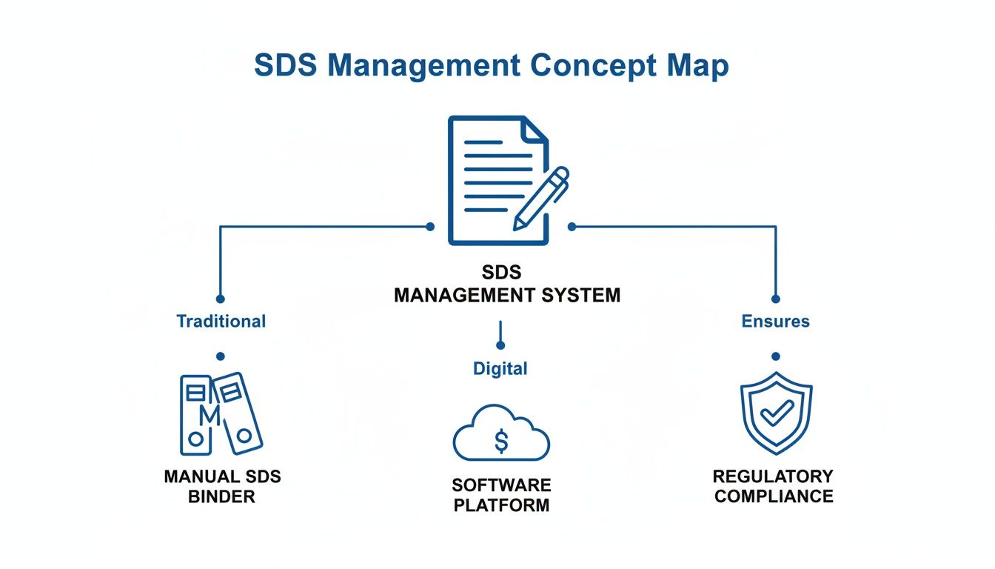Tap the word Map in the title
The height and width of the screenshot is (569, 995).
click(697, 65)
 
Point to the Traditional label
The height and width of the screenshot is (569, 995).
click(221, 322)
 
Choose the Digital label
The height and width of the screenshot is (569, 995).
click(500, 368)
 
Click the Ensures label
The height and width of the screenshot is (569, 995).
click(775, 322)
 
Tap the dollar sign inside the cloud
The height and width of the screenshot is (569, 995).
click(501, 442)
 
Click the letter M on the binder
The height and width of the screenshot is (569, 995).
click(210, 416)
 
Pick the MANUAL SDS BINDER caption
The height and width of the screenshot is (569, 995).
click(222, 486)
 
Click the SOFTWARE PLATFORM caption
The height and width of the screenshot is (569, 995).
click(501, 496)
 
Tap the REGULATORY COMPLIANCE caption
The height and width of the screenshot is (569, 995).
click(774, 486)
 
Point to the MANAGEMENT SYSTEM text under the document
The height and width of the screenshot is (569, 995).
click(507, 296)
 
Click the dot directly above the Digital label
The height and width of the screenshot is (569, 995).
click(500, 345)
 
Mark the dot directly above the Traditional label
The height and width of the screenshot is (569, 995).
click(220, 299)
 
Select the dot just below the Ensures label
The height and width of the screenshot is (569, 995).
click(775, 356)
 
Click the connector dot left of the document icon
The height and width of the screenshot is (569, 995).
click(430, 227)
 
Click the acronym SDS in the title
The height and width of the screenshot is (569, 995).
click(286, 65)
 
